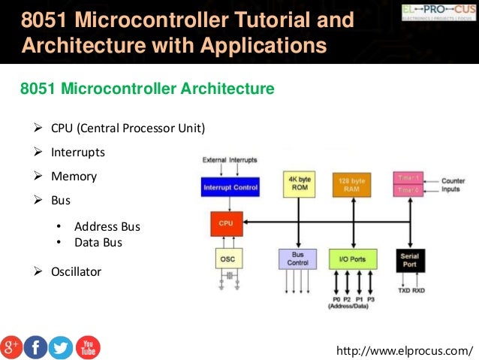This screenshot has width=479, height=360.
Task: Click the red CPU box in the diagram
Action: [x=225, y=223]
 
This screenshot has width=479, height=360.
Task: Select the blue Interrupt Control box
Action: [x=230, y=187]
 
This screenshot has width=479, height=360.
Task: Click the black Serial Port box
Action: [x=410, y=260]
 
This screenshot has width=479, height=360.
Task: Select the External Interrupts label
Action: [x=230, y=160]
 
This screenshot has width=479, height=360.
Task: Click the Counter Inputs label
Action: [x=453, y=186]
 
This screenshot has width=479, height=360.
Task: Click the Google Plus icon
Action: [x=13, y=346]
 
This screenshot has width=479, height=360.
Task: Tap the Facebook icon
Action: [x=36, y=346]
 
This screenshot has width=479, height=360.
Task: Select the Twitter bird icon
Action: [x=60, y=346]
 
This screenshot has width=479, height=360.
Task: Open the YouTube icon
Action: [x=87, y=346]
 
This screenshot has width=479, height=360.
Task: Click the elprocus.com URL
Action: [x=406, y=351]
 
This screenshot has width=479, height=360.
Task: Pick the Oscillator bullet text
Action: [x=76, y=271]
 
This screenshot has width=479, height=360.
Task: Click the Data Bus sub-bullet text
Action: [x=98, y=243]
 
